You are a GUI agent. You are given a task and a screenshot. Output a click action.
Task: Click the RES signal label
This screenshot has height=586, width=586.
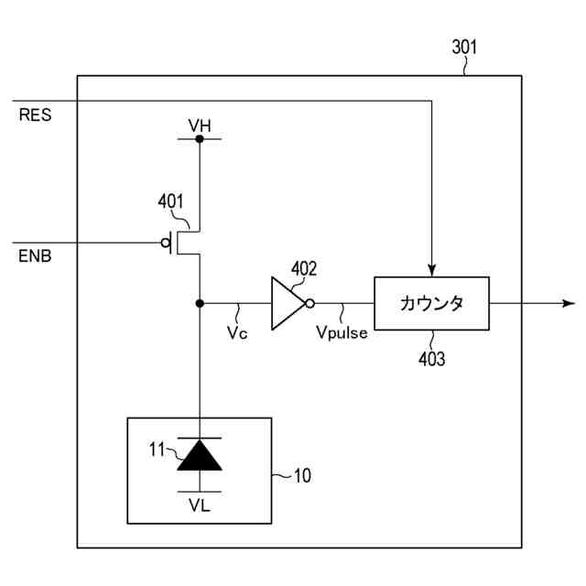[x=35, y=114]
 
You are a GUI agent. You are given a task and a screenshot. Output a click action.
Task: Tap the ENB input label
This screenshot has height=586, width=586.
[x=35, y=256]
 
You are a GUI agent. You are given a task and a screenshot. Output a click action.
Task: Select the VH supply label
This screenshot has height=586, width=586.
[x=200, y=126]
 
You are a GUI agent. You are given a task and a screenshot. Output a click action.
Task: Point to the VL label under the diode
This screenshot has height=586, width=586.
[x=200, y=505]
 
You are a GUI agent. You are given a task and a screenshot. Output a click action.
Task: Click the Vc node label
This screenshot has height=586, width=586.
[x=237, y=332]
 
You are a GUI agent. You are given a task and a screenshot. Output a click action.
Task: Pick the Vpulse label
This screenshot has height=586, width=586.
[x=342, y=332]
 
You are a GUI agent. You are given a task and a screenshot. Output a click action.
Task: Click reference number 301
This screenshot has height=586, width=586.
[x=464, y=47]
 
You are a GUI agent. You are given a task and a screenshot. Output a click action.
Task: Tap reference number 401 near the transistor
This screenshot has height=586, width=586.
[x=170, y=201]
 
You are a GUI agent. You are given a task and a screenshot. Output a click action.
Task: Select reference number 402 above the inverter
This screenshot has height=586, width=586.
[x=304, y=268]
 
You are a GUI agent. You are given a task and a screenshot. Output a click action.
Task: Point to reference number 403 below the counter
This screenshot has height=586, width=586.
[x=431, y=359]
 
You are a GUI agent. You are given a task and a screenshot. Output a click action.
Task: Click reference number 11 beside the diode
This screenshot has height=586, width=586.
[x=157, y=450]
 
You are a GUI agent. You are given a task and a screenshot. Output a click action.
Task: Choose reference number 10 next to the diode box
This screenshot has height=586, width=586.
[x=302, y=476]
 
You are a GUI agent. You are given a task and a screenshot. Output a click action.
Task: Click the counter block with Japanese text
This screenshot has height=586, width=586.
[x=431, y=303]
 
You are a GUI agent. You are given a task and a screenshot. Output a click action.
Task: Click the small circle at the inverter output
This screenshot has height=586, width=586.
[x=309, y=303]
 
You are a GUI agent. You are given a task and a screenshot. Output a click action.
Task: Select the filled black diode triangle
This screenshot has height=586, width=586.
[x=200, y=455]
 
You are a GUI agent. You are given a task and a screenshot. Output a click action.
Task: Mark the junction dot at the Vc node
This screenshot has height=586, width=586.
[x=200, y=303]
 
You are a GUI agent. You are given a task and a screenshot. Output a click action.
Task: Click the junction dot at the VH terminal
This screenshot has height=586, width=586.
[x=200, y=139]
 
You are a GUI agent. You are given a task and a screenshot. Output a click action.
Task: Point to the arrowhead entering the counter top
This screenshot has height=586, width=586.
[x=431, y=271]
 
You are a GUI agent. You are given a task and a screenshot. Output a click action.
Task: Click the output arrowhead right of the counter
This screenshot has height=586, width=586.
[x=569, y=303]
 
